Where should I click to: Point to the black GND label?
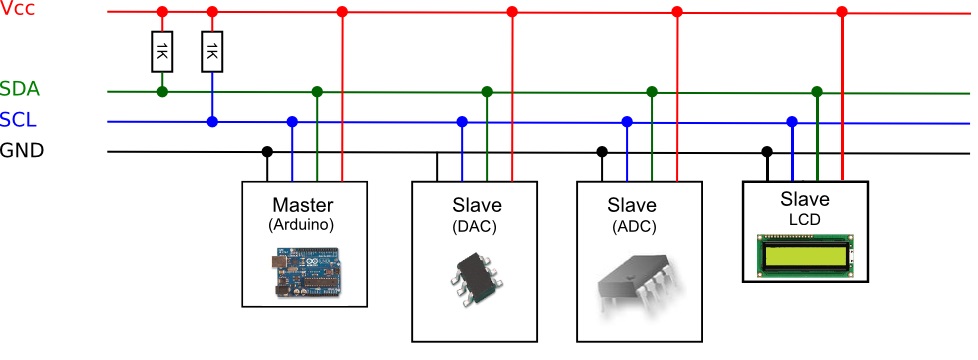click(x=22, y=151)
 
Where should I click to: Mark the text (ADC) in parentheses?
click(x=634, y=227)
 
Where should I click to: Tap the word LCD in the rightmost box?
click(x=805, y=218)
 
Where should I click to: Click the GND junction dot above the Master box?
click(x=267, y=152)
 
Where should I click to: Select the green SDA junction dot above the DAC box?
click(x=487, y=92)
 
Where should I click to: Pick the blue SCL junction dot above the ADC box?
click(x=627, y=122)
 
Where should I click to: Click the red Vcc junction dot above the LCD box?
click(x=842, y=12)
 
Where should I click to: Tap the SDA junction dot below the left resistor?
click(x=162, y=92)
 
